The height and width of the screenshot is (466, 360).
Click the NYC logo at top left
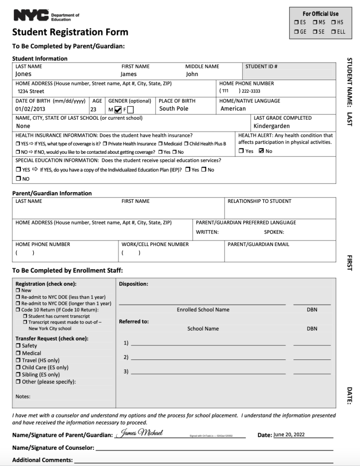click(x=31, y=17)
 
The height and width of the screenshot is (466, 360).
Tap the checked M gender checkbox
click(x=118, y=109)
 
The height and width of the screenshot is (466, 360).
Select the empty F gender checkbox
click(x=130, y=109)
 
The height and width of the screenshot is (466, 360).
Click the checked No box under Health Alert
click(x=261, y=151)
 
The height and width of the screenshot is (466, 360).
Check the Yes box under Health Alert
click(x=241, y=151)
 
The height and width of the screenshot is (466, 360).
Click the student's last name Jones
click(x=23, y=74)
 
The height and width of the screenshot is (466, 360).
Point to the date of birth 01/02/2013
click(x=31, y=109)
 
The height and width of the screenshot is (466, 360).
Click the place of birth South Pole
click(x=174, y=109)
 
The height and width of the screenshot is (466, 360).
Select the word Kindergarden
click(x=271, y=126)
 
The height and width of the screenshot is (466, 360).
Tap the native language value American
click(x=233, y=109)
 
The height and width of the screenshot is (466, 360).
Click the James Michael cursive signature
click(x=139, y=433)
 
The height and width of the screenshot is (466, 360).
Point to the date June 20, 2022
click(x=289, y=435)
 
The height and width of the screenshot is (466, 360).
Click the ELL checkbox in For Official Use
click(x=333, y=32)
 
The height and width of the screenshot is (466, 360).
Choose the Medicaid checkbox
click(x=161, y=144)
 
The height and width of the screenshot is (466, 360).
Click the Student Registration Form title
click(x=70, y=32)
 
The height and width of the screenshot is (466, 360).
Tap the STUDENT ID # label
click(x=261, y=67)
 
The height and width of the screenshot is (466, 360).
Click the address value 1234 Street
click(x=31, y=91)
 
